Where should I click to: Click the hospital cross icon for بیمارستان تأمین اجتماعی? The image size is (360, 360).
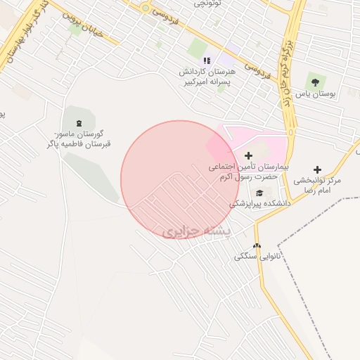pyautogui.click(x=247, y=155)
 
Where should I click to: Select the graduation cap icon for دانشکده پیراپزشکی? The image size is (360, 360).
pyautogui.click(x=259, y=193)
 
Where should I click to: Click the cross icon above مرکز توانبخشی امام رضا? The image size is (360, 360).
pyautogui.click(x=317, y=169)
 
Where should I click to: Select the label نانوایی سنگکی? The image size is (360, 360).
pyautogui.click(x=257, y=257)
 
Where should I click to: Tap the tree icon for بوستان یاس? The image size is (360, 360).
pyautogui.click(x=314, y=82)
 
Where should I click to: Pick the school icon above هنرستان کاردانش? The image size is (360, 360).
pyautogui.click(x=207, y=60)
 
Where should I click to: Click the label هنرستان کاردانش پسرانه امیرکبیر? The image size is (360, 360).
pyautogui.click(x=211, y=77)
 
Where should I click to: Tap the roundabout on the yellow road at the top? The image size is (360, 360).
pyautogui.click(x=146, y=8)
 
